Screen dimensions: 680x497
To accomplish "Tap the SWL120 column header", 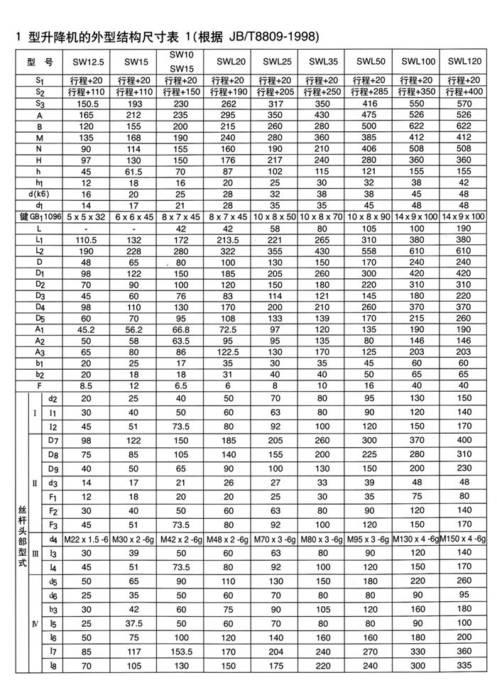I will click(466, 63).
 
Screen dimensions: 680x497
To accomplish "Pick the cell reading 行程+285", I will click(371, 92).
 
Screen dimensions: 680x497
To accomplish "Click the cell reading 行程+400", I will click(466, 92).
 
